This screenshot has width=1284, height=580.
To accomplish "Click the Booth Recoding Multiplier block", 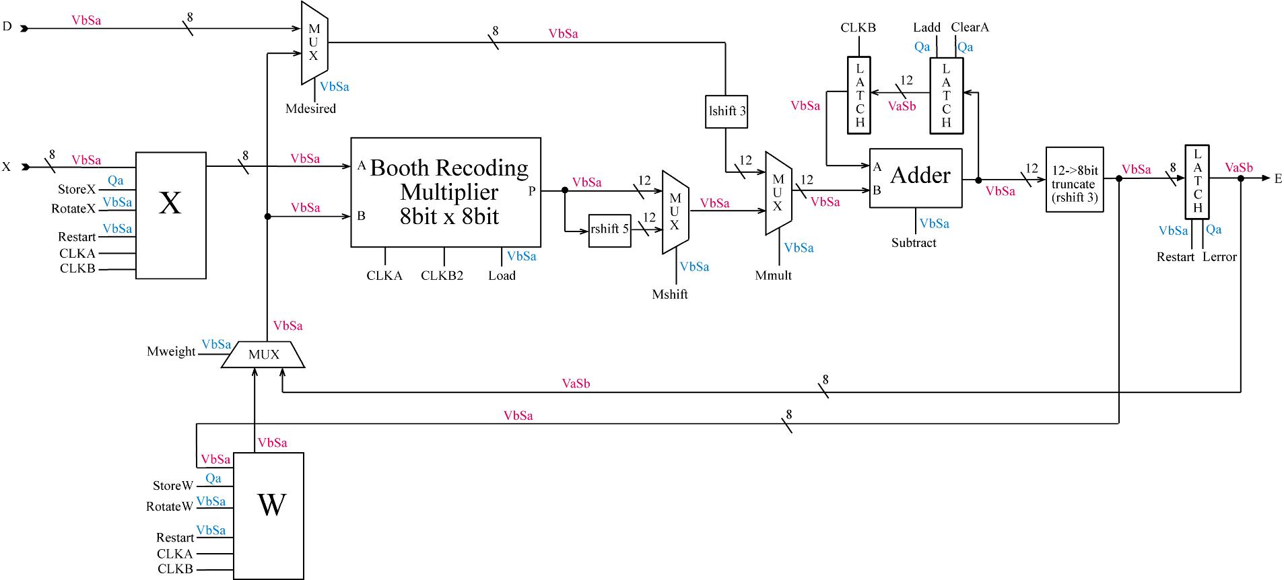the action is coord(446,192).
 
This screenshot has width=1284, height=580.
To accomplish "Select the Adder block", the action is coord(916,178).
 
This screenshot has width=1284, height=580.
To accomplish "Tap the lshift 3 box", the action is coord(726,111).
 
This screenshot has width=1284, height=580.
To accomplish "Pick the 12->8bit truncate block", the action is coord(1075,180).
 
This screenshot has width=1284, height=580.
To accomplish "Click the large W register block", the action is coord(269,515).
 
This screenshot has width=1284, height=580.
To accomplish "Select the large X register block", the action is coord(171,215).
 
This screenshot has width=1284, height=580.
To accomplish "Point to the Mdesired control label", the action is coord(310,109).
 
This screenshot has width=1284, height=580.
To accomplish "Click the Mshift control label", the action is coord(670,294).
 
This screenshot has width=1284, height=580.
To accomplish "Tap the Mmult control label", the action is coord(773,275).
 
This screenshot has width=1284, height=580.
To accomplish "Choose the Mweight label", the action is coord(171,352).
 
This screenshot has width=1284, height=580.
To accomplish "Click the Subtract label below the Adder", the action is coord(914,243).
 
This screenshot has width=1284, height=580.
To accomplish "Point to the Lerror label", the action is coord(1219,257).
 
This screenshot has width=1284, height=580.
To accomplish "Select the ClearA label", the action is coord(970,28).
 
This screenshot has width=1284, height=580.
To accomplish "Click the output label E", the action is coord(1277,178).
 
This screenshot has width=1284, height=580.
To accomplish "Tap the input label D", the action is coord(7,27).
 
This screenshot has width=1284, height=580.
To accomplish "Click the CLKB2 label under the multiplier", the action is coord(442,276).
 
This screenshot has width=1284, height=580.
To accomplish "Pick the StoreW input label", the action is coord(173,486).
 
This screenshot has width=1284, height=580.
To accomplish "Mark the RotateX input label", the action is coord(73,209).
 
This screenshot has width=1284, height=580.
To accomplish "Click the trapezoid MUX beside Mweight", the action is coord(263,355).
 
